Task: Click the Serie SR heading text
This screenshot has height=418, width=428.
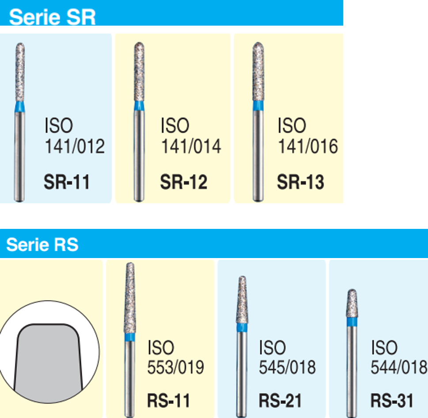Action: click(x=52, y=17)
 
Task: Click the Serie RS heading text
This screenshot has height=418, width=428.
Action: click(x=42, y=244)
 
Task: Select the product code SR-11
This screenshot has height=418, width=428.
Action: click(x=67, y=182)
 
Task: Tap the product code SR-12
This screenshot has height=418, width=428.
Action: click(x=183, y=182)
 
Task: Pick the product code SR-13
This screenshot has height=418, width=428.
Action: click(x=300, y=182)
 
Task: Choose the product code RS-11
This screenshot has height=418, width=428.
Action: click(x=168, y=400)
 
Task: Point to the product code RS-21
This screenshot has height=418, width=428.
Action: click(x=280, y=400)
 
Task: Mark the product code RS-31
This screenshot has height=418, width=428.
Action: click(x=392, y=400)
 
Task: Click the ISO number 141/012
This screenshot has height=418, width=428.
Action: click(x=75, y=146)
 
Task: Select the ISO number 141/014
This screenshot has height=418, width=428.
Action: click(x=191, y=146)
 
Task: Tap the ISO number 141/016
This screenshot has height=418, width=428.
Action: click(x=308, y=146)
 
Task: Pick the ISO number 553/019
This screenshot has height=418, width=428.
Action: click(x=175, y=367)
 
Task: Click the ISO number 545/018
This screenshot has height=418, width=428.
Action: click(x=287, y=367)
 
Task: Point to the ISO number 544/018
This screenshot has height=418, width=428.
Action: click(x=399, y=367)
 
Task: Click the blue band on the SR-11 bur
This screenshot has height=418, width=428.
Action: click(x=19, y=107)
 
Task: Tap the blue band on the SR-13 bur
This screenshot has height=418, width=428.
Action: click(x=258, y=106)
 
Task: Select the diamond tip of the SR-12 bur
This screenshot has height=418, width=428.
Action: click(x=139, y=72)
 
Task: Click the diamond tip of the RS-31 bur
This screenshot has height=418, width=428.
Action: click(x=352, y=303)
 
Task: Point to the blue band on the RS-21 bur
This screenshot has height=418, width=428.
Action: click(x=242, y=327)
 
